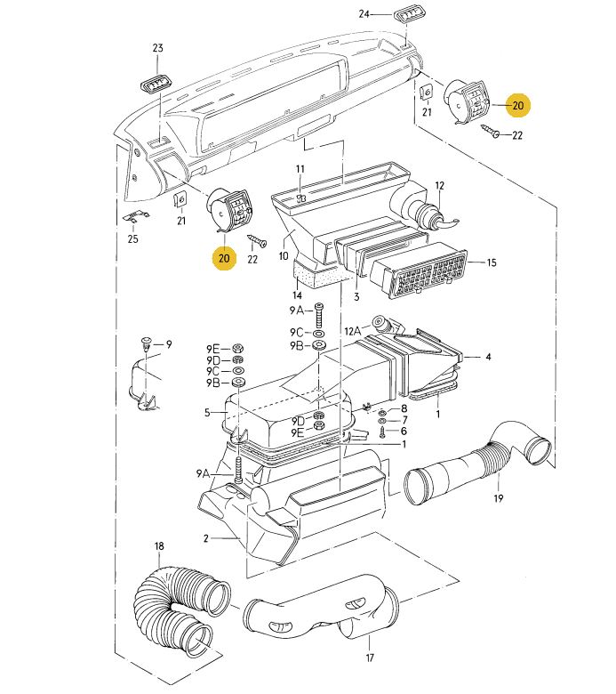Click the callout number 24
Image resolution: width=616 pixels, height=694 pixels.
[x=364, y=14]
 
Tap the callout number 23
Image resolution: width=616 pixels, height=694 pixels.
[x=158, y=48]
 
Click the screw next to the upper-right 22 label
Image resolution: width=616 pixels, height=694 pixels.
[x=490, y=130]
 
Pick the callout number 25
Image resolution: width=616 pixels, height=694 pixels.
[x=132, y=239]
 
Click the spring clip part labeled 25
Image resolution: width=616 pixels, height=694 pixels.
[x=135, y=218]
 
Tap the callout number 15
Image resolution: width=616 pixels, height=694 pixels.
[x=492, y=262]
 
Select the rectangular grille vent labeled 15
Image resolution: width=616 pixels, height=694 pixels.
[x=418, y=270]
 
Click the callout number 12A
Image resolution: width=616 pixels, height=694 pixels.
[x=352, y=331]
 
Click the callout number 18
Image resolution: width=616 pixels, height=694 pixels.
[x=159, y=546]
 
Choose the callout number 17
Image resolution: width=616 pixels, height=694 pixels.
[x=370, y=658]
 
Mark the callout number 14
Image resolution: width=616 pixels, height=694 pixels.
[x=297, y=295]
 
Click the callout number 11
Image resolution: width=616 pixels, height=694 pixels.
[x=300, y=169]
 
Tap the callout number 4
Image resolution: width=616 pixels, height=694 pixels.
[x=488, y=356]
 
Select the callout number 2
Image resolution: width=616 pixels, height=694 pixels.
[x=206, y=538]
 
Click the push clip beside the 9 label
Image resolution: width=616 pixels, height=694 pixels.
[x=147, y=343]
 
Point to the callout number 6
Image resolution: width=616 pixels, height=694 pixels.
[x=404, y=431]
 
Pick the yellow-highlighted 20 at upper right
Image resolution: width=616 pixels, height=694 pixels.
[x=518, y=105]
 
